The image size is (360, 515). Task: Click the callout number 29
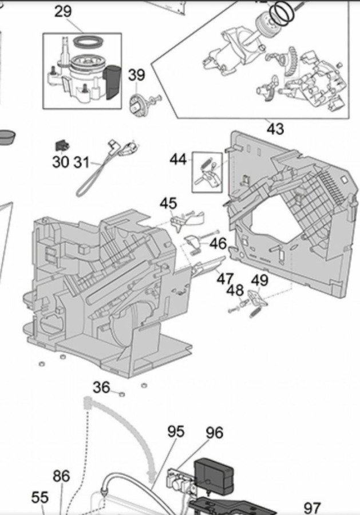(x=63, y=11)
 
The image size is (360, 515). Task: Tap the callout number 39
(x=136, y=75)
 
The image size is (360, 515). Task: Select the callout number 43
(x=275, y=128)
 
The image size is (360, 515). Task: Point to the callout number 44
(x=178, y=160)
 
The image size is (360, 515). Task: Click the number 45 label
(x=168, y=204)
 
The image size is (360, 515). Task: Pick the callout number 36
(x=101, y=387)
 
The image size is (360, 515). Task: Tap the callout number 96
(x=215, y=433)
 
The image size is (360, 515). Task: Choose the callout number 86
(x=61, y=476)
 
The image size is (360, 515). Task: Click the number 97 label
(x=312, y=508)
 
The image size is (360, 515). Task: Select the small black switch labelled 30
(x=62, y=145)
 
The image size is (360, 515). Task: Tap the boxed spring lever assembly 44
(x=207, y=172)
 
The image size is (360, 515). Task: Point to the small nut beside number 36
(x=121, y=394)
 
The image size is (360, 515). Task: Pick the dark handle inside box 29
(x=112, y=81)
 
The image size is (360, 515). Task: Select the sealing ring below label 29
(x=88, y=43)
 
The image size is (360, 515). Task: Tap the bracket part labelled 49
(x=258, y=298)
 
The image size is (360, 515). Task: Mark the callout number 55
(x=39, y=498)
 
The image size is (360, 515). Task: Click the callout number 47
(x=225, y=279)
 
